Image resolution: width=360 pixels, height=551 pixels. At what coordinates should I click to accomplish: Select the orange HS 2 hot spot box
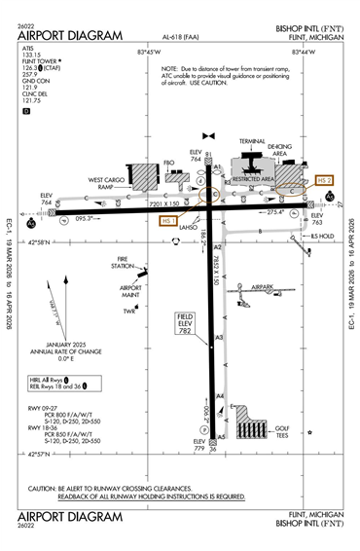pyautogui.click(x=325, y=180)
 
